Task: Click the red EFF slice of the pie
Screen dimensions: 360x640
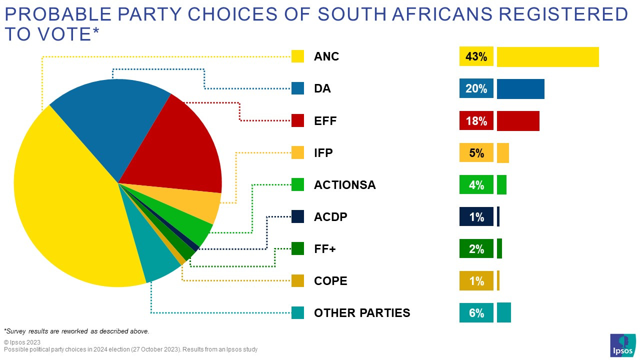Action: pyautogui.click(x=185, y=145)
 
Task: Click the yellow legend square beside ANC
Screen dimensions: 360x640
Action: pyautogui.click(x=298, y=56)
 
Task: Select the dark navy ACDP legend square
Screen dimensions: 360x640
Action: pyautogui.click(x=298, y=216)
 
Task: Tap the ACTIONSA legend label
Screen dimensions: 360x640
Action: pyautogui.click(x=344, y=185)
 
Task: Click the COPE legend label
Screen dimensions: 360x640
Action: pyautogui.click(x=330, y=281)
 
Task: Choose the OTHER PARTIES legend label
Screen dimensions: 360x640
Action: pyautogui.click(x=362, y=313)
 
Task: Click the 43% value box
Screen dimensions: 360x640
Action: pyautogui.click(x=476, y=56)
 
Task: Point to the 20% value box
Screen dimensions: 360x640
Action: pyautogui.click(x=476, y=88)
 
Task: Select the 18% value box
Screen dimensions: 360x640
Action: pyautogui.click(x=476, y=120)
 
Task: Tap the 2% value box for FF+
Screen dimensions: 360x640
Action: pyautogui.click(x=476, y=248)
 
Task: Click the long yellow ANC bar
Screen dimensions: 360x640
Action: pyautogui.click(x=547, y=56)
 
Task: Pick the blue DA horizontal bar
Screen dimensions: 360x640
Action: pyautogui.click(x=520, y=88)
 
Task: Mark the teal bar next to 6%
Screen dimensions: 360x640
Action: pyautogui.click(x=504, y=312)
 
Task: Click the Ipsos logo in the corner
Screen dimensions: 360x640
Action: pyautogui.click(x=622, y=345)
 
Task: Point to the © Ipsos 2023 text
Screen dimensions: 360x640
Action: pyautogui.click(x=22, y=342)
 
